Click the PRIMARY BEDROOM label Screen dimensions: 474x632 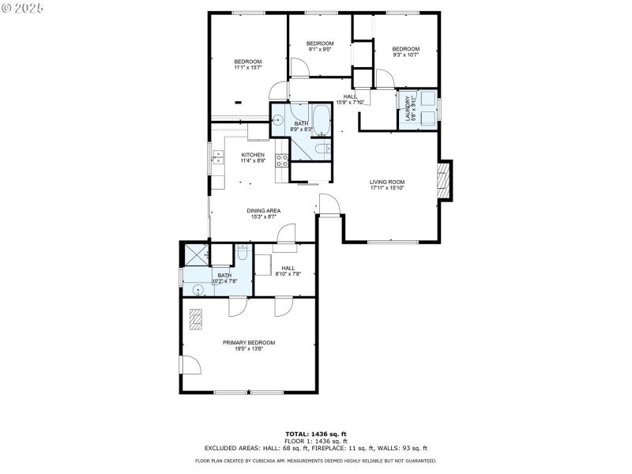(248, 342)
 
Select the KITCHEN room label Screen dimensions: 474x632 (253, 155)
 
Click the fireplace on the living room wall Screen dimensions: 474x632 (445, 181)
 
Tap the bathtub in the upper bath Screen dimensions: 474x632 (321, 119)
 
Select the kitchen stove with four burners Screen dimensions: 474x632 (281, 161)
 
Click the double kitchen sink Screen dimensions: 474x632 (216, 160)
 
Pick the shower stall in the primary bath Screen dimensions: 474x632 (194, 254)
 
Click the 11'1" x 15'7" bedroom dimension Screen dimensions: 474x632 (247, 68)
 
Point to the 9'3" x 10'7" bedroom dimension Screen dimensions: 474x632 (405, 55)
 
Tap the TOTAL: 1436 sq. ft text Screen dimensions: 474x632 (315, 434)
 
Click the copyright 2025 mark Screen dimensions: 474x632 (24, 7)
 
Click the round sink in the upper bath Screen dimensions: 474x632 (278, 121)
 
